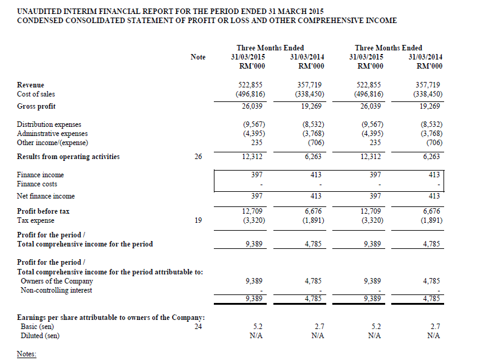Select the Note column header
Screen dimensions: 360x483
point(198,57)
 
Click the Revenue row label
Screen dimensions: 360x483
point(30,85)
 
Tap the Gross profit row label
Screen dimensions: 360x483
point(36,106)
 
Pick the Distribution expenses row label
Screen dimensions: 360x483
point(49,124)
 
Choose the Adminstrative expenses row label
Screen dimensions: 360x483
point(52,134)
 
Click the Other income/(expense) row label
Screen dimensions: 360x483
point(52,143)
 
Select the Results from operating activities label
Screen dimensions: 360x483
point(68,157)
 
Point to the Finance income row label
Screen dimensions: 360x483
point(40,175)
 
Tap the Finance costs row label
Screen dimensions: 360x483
point(37,184)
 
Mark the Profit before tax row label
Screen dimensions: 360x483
point(43,211)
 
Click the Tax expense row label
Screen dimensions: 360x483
point(36,220)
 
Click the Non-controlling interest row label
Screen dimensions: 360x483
point(57,290)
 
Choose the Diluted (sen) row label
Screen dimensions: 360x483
point(40,336)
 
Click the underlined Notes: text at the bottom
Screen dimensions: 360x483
point(27,353)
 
